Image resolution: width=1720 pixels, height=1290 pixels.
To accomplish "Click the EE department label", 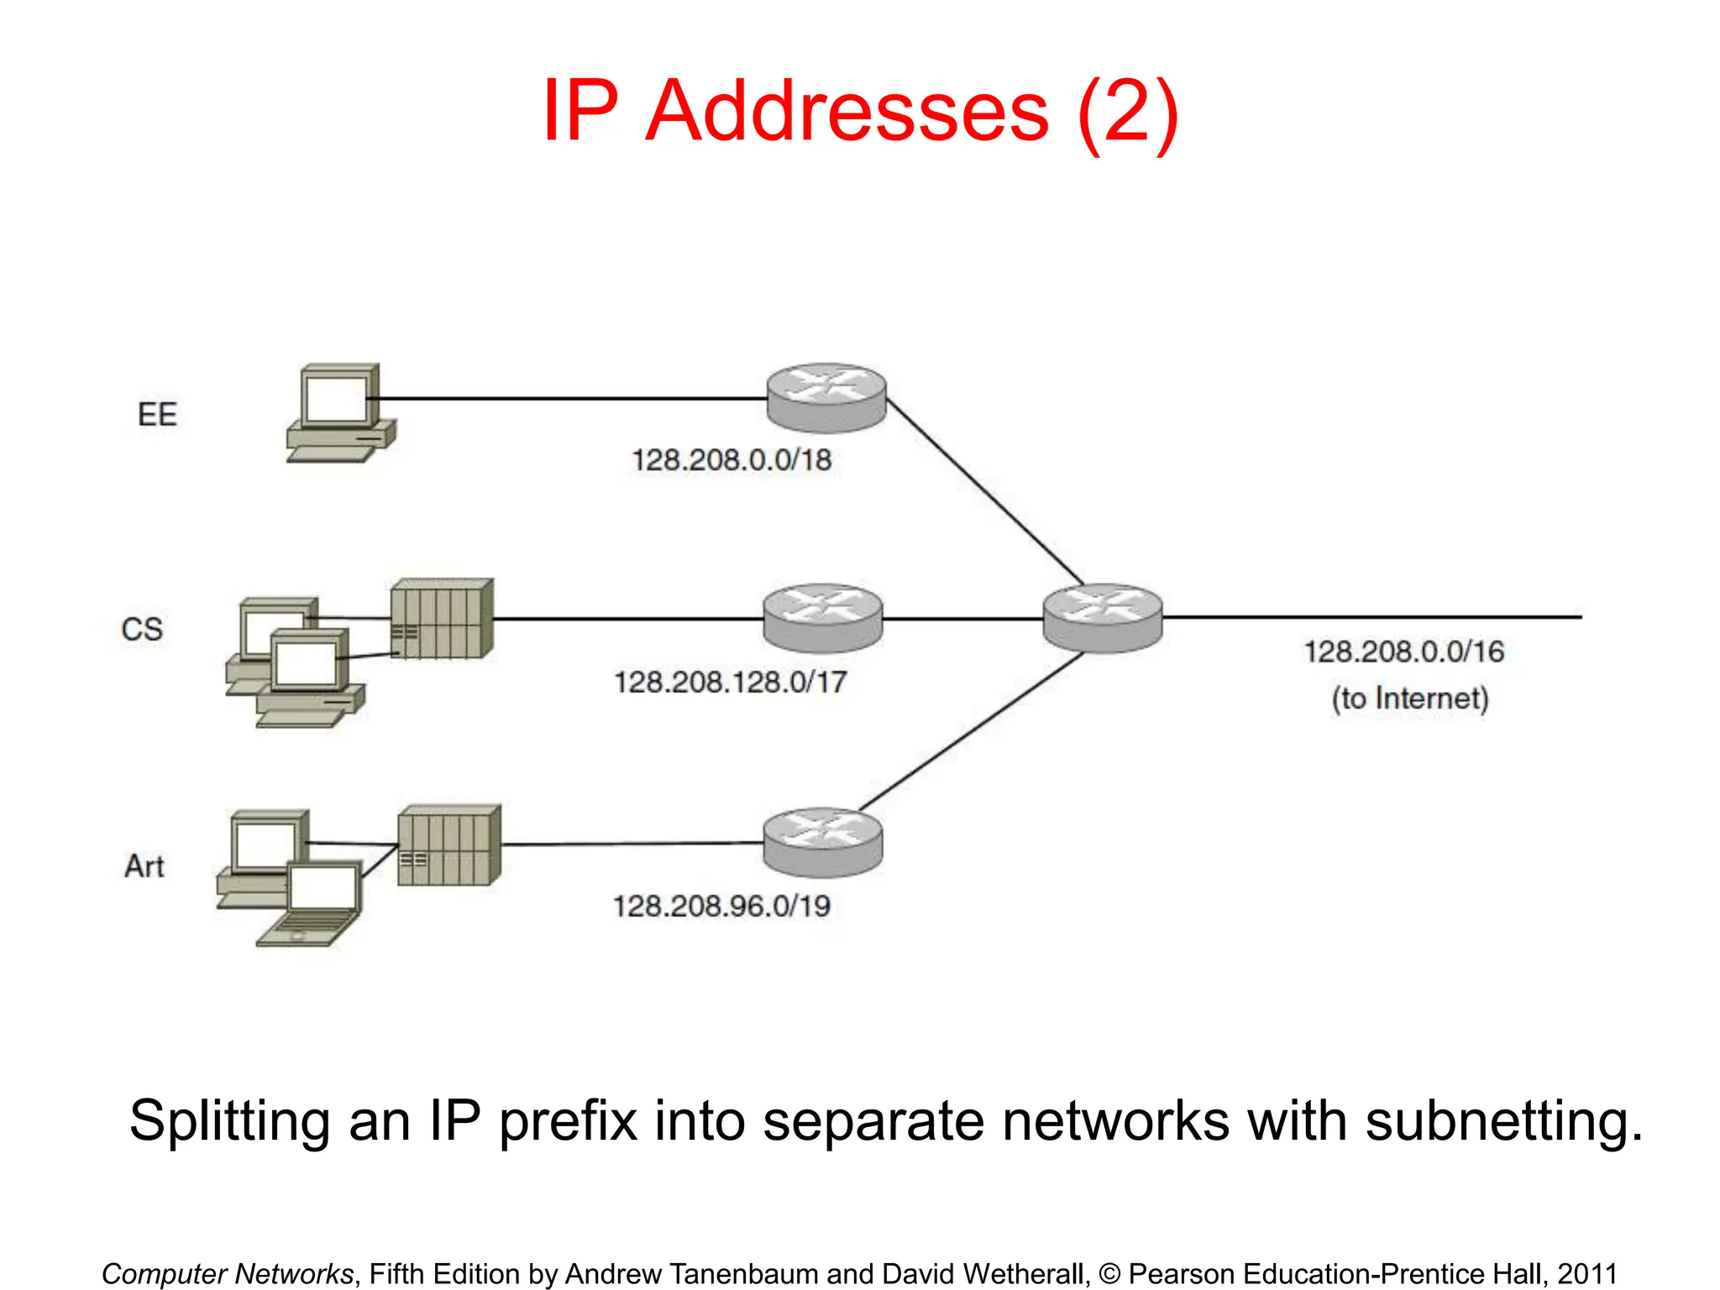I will pos(157,415).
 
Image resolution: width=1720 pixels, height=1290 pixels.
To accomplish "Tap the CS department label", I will pos(142,630).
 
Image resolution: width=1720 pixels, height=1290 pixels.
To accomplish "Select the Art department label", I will pos(144,866).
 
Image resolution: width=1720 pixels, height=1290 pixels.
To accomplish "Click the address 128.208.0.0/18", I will pos(732,460).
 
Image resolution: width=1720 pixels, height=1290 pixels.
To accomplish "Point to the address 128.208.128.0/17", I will pos(730,682).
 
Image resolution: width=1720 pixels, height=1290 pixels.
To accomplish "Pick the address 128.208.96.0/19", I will pos(721,906).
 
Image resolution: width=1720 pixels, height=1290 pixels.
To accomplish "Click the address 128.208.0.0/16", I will pos(1403,652).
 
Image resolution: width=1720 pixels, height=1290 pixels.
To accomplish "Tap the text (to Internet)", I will pos(1409,699).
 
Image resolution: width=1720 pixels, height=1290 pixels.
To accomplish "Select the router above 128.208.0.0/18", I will pos(826,398).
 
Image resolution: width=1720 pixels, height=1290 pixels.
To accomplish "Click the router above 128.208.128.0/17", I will pos(823,618).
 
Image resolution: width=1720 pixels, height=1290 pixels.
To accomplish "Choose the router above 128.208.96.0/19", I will pos(823,842).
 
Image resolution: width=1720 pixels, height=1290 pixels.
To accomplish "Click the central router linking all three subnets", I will pos(1103,618).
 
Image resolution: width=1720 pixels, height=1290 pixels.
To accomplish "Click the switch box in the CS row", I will pos(442,619).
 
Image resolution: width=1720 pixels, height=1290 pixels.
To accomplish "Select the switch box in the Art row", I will pos(449,845).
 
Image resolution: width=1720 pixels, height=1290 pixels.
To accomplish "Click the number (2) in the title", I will pos(1128,112).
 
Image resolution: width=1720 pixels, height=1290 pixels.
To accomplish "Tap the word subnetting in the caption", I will pos(1503,1121).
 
